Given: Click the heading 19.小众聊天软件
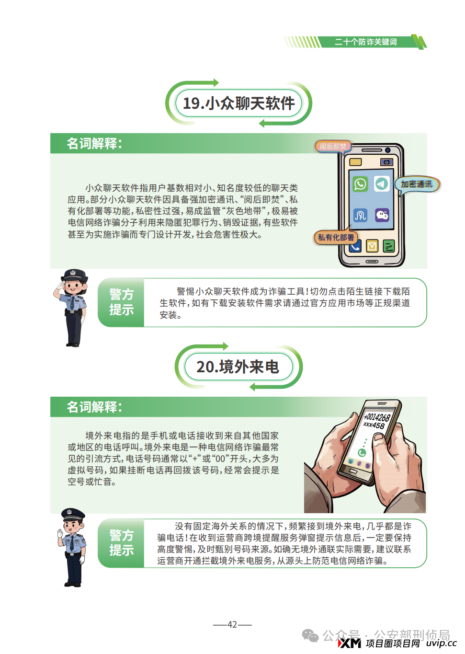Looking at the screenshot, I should click(238, 103).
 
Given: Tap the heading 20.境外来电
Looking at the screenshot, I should click(238, 367).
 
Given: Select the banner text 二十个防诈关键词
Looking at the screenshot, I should click(366, 42).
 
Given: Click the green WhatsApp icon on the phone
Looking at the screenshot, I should click(360, 184).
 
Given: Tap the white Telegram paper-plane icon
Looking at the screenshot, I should click(382, 184).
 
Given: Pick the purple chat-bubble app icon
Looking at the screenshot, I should click(382, 215).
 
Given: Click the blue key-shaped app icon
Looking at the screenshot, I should click(360, 215).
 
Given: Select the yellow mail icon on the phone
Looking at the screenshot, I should click(372, 246).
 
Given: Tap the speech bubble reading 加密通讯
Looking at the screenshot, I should click(417, 184).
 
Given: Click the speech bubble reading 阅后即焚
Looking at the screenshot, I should click(333, 146).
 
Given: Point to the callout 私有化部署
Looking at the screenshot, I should click(336, 237).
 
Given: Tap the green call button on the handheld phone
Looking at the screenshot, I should click(362, 452).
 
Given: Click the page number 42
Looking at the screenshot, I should click(232, 624).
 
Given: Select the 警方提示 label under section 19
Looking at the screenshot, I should click(121, 302).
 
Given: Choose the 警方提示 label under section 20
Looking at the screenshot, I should click(121, 543).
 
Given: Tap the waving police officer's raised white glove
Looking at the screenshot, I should click(60, 533).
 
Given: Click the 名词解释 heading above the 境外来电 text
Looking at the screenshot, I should click(94, 407).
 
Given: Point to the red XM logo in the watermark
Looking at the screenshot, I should click(350, 643).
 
